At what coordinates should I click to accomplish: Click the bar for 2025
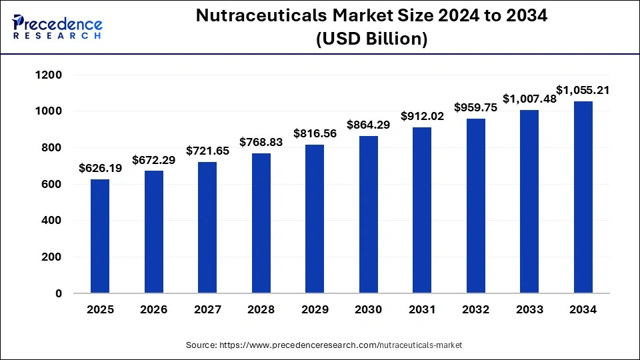click(100, 236)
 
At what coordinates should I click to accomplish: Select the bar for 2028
click(261, 223)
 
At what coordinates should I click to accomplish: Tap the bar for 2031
click(422, 210)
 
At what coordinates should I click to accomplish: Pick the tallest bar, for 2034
click(583, 197)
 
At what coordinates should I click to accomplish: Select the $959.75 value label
click(476, 107)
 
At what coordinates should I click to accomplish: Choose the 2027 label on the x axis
click(207, 310)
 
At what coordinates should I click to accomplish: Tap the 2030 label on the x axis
click(369, 310)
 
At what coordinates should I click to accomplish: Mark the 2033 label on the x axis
click(529, 310)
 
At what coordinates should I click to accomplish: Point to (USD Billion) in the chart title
click(372, 39)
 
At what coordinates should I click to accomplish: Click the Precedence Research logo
click(57, 27)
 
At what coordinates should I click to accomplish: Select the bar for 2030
click(369, 215)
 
